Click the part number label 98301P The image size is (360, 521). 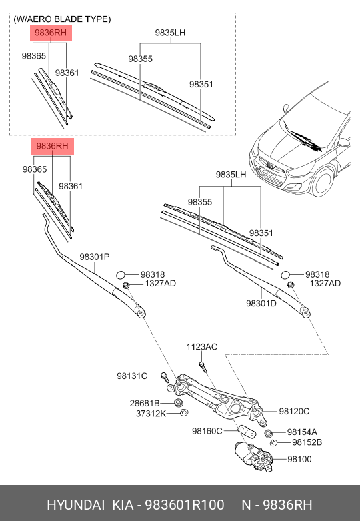tap(95, 257)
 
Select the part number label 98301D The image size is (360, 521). tap(261, 303)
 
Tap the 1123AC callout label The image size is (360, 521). tap(201, 346)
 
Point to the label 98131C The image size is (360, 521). tap(131, 376)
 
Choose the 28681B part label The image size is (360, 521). tap(144, 404)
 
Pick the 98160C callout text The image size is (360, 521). tap(207, 431)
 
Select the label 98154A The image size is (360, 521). tap(302, 432)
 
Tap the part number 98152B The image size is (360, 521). tap(307, 442)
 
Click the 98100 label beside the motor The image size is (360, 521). tap(299, 459)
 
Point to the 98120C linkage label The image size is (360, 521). tap(294, 411)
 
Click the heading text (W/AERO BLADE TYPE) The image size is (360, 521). tap(62, 19)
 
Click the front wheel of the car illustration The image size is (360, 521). tap(324, 185)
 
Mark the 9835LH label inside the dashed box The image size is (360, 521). tap(171, 32)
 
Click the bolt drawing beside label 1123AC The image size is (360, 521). tap(203, 366)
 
